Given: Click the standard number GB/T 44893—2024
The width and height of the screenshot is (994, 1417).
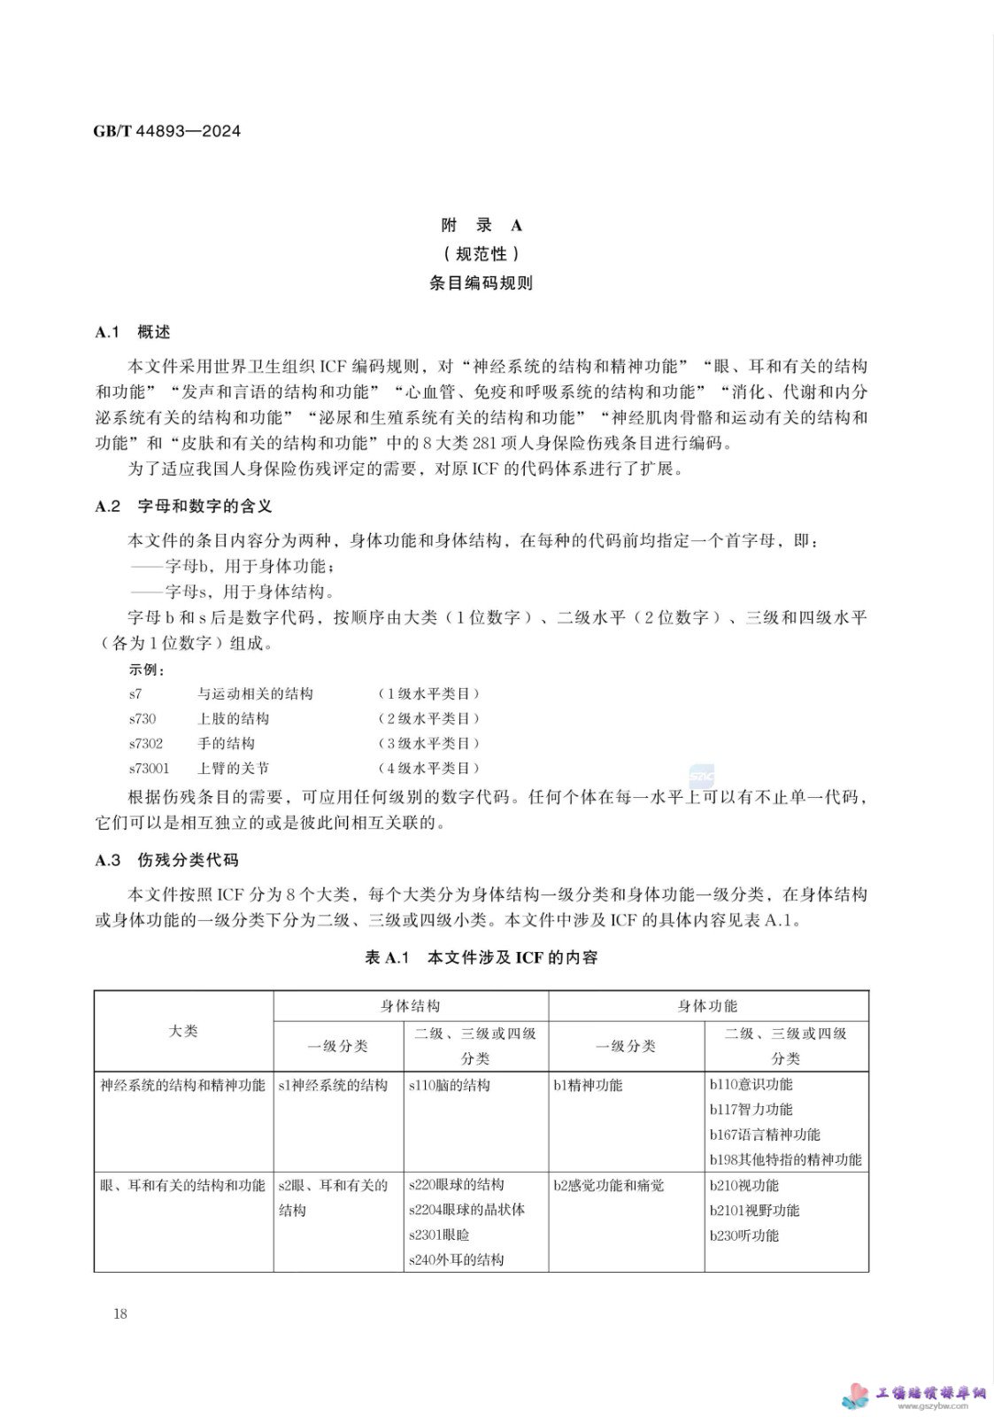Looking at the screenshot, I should [166, 131].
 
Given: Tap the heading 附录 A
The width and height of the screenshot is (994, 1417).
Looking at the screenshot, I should [482, 225].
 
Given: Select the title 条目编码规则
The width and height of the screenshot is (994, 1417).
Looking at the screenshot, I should [482, 283].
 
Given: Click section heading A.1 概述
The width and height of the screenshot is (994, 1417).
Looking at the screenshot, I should [133, 332].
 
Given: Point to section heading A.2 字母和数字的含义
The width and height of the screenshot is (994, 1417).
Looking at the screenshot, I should [183, 506].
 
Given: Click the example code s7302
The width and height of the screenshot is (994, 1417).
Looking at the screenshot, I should [146, 743].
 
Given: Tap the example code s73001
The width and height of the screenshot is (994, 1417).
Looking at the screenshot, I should [150, 768].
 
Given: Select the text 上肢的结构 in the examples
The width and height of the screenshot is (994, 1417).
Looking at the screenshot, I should [233, 718].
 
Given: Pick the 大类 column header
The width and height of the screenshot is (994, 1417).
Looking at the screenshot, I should [183, 1031].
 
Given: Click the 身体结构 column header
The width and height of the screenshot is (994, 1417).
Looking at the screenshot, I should [411, 1005].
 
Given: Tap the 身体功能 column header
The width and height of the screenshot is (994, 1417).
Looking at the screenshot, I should [707, 1005].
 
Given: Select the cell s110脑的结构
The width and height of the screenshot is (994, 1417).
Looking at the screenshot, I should [450, 1085].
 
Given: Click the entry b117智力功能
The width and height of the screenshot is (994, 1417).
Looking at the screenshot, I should [751, 1109].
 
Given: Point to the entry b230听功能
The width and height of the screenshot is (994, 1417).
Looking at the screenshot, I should [744, 1235].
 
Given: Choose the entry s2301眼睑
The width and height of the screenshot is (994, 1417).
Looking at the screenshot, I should [439, 1235].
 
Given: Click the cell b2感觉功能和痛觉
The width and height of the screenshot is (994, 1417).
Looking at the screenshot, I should [608, 1185].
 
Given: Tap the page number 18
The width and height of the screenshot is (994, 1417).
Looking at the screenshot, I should [120, 1313].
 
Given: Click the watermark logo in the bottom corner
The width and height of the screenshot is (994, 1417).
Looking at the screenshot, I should [915, 1396].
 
